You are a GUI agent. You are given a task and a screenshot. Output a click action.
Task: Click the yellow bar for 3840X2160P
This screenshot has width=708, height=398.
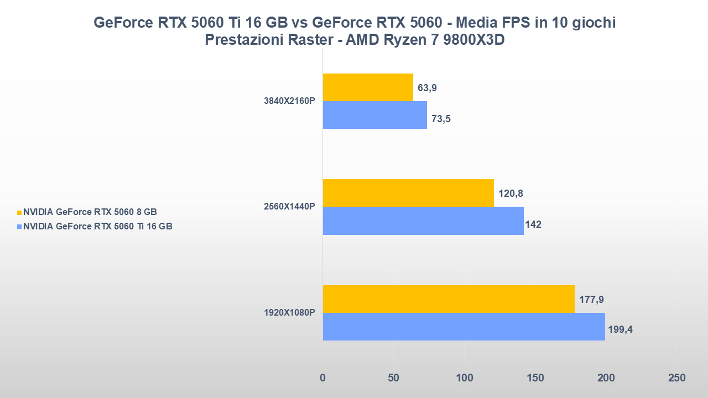pos(368,87)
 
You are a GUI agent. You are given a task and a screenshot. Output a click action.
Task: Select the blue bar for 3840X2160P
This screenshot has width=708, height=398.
pos(375,115)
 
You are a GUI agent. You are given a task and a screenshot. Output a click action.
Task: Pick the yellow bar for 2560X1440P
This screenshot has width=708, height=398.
pos(408,193)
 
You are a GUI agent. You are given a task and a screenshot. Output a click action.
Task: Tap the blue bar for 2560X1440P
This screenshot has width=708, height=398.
pos(423,221)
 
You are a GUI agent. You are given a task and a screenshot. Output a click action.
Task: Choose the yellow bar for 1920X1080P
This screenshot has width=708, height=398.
pos(449,299)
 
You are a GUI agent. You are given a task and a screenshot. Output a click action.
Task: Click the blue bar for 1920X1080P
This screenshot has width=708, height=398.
pos(464,327)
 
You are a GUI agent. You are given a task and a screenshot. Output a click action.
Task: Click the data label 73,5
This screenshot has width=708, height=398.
pos(442,118)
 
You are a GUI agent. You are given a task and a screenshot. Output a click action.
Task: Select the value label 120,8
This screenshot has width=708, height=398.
pos(511,193)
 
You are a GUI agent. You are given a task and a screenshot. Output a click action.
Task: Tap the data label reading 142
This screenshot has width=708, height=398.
pos(533,224)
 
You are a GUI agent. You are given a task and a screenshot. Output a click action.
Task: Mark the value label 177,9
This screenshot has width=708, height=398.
pos(591,300)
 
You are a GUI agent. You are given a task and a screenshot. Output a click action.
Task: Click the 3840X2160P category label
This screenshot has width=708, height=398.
pos(289,101)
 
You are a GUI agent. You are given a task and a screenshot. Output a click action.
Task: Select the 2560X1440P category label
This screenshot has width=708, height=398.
pos(289,207)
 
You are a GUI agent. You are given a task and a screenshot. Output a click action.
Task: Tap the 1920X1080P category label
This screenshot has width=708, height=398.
pos(289,313)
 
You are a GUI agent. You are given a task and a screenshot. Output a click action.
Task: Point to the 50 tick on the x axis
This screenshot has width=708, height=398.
pos(393,378)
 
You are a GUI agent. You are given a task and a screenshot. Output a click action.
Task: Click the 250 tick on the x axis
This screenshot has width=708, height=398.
pos(676,378)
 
